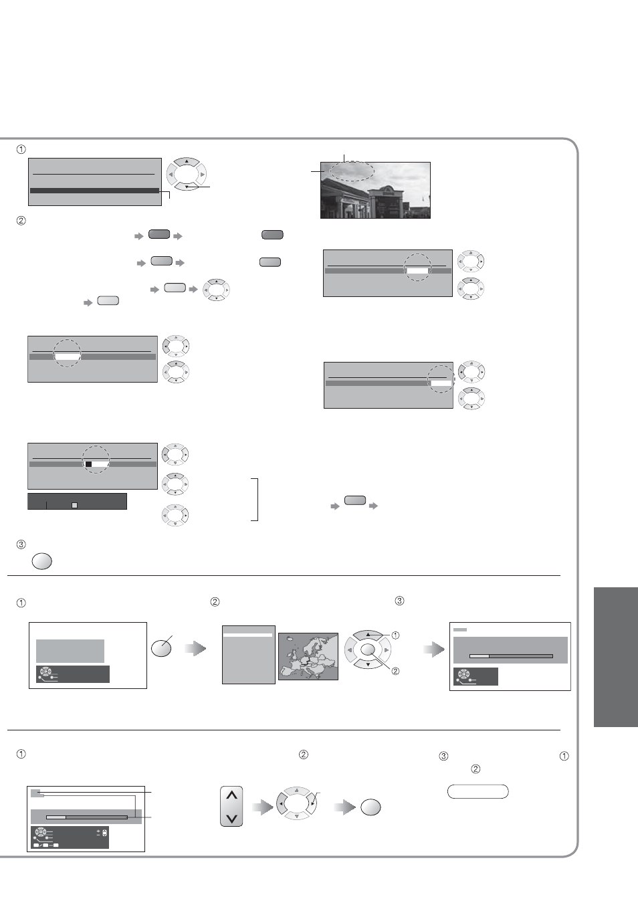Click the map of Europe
pyautogui.click(x=308, y=656)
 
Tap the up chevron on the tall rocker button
pyautogui.click(x=232, y=795)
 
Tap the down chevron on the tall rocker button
pyautogui.click(x=232, y=819)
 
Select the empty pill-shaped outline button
pyautogui.click(x=478, y=791)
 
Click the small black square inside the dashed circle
pyautogui.click(x=89, y=464)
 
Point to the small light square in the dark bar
pyautogui.click(x=74, y=505)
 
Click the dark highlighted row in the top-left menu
pyautogui.click(x=95, y=191)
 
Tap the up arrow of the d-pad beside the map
pyautogui.click(x=368, y=635)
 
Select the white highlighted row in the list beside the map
pyautogui.click(x=248, y=635)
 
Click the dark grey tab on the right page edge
pyautogui.click(x=616, y=657)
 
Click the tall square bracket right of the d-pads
pyautogui.click(x=257, y=500)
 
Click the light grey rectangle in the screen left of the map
pyautogui.click(x=70, y=651)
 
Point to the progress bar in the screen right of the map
pyautogui.click(x=511, y=656)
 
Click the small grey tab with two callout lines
pyautogui.click(x=37, y=793)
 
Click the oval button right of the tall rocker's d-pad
pyautogui.click(x=370, y=807)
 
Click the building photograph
pyautogui.click(x=375, y=190)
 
